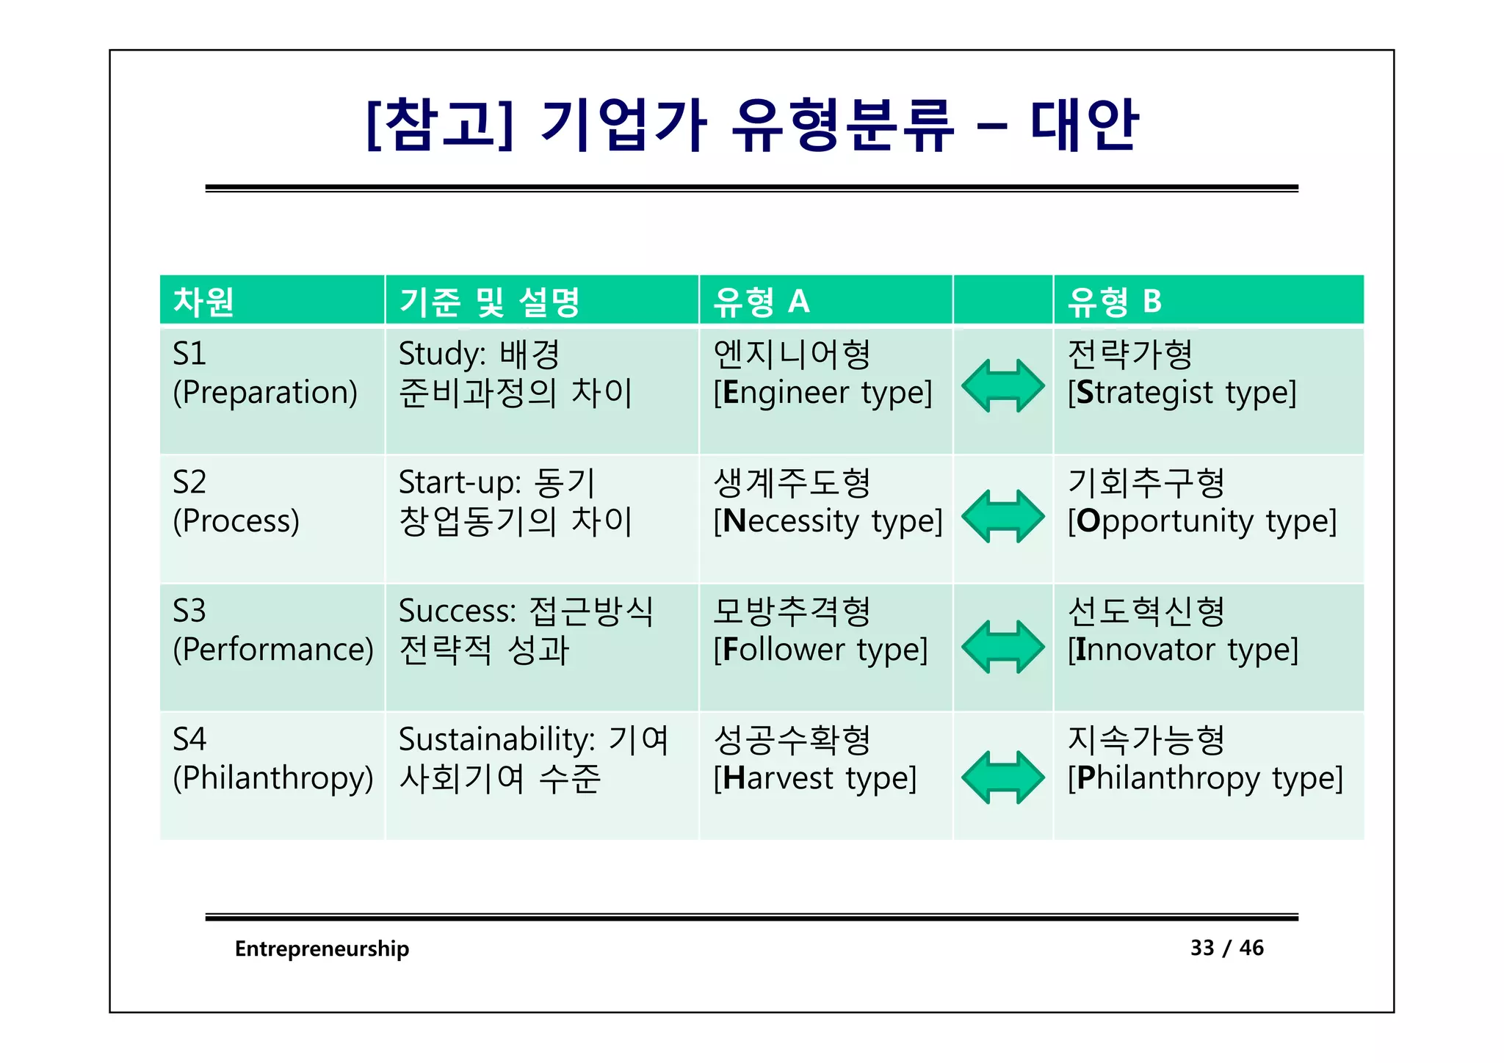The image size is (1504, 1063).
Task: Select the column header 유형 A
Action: point(761,302)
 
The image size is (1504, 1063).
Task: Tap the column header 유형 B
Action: point(1114,302)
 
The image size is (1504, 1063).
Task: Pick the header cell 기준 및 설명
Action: point(489,302)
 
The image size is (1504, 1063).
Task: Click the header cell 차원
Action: point(203,302)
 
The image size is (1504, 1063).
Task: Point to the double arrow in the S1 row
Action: point(1002,385)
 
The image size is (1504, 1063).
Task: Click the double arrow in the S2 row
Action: point(1002,516)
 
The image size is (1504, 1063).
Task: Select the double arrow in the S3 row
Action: point(1002,647)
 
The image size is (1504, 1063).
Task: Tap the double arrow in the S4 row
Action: point(1002,777)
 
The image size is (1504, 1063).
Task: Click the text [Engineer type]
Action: point(822,393)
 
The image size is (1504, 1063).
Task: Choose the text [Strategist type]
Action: point(1182,393)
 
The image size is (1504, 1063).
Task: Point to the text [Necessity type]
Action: point(828,521)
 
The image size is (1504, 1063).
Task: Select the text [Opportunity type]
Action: point(1201,521)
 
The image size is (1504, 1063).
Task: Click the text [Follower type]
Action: point(820,650)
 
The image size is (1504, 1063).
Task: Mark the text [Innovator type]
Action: point(1182,650)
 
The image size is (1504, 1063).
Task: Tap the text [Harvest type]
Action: point(815,778)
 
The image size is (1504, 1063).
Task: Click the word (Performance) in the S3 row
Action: point(273,650)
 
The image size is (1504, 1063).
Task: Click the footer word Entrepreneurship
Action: point(322,948)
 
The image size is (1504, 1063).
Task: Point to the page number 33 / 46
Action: point(1226,948)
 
